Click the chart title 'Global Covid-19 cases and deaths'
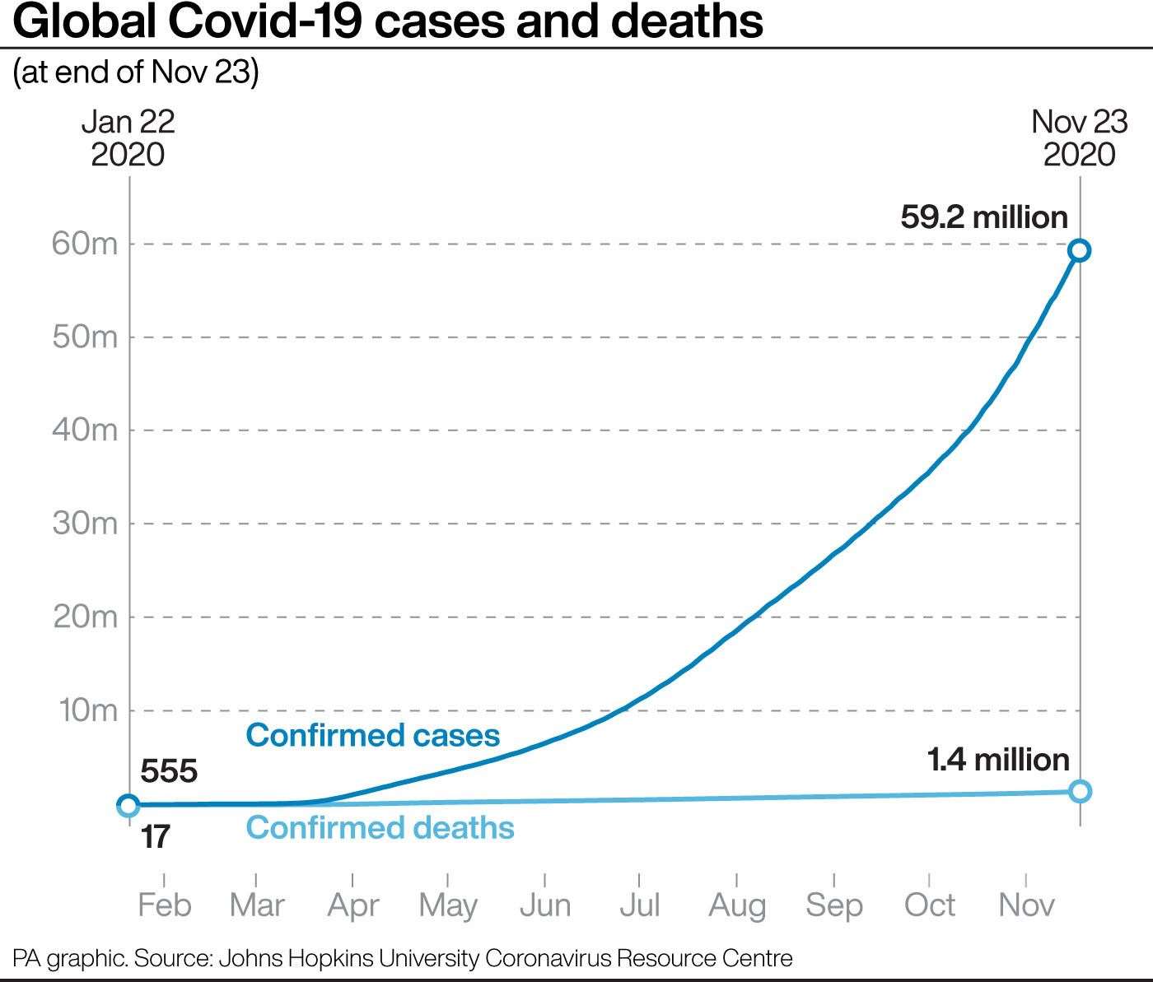coord(388,22)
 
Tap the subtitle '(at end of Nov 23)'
coord(136,72)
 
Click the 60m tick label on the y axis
coord(85,244)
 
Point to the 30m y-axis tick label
coord(85,524)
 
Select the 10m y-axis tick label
coord(86,710)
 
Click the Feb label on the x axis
coord(164,905)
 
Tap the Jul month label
coord(640,905)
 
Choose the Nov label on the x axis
coord(1026,905)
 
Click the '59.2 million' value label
coord(984,217)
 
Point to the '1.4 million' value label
coord(998,759)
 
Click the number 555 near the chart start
coord(169,771)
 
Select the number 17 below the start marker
coord(155,837)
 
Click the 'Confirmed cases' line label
coord(373,734)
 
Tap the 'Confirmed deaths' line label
coord(380,827)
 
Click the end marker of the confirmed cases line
coord(1080,250)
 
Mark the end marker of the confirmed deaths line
coord(1080,791)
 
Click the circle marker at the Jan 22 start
coord(128,804)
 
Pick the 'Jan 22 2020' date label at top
coord(128,137)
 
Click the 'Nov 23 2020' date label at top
coord(1079,137)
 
